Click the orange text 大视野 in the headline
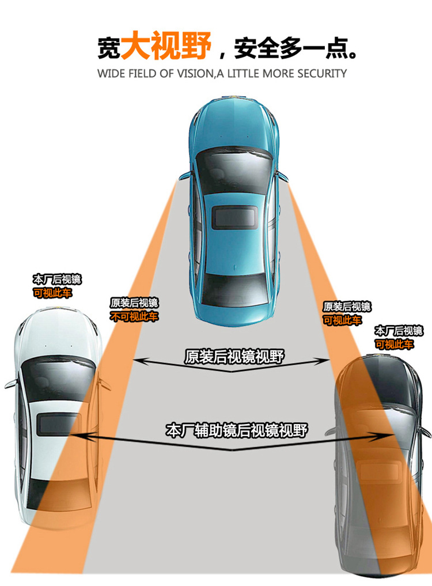pos(165,46)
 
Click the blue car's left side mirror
pos(183,175)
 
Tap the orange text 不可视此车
pos(134,316)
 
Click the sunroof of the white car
pos(54,423)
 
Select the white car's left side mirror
pos(10,383)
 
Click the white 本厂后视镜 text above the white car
pos(56,280)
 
